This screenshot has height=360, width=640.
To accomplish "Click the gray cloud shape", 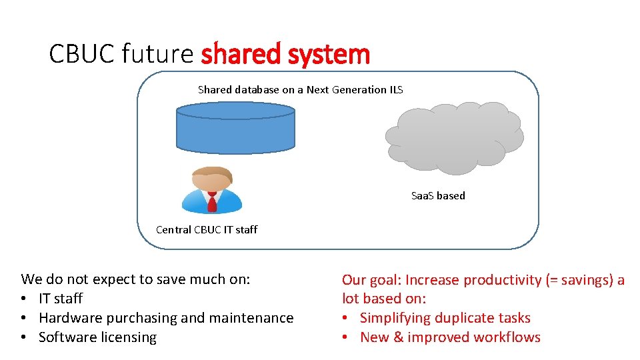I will coord(453,137).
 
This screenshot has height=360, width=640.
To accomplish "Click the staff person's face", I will coord(212,183).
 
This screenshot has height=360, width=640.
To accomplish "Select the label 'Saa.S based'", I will coord(438,196).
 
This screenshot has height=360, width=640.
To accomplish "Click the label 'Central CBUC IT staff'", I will coord(206,230).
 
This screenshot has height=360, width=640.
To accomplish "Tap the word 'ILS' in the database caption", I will coord(396,89).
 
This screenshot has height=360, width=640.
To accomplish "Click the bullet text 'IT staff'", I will coord(61,299).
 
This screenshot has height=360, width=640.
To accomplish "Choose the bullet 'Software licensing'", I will coord(97,337).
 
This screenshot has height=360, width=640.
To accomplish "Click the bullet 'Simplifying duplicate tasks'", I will coord(445,318).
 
